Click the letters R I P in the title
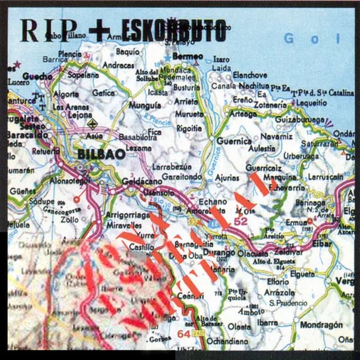coord(49,30)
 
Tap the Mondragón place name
coord(322,325)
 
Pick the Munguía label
coord(145,104)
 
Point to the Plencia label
coord(70,53)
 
